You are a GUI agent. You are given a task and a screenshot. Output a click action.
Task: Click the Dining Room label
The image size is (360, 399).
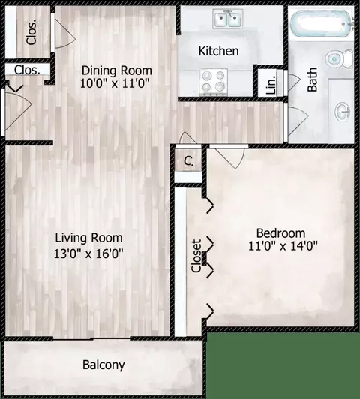pyautogui.click(x=115, y=70)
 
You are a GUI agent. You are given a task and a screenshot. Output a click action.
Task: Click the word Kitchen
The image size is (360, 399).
pyautogui.click(x=218, y=52)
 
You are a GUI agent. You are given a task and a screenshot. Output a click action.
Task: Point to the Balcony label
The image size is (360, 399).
pyautogui.click(x=103, y=365)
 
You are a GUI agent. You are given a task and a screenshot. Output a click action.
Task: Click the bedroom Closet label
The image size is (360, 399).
pyautogui.click(x=196, y=255)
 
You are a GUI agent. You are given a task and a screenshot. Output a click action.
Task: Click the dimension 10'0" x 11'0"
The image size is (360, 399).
pyautogui.click(x=115, y=84)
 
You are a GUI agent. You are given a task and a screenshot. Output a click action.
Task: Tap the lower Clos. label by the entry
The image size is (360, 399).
pyautogui.click(x=27, y=70)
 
